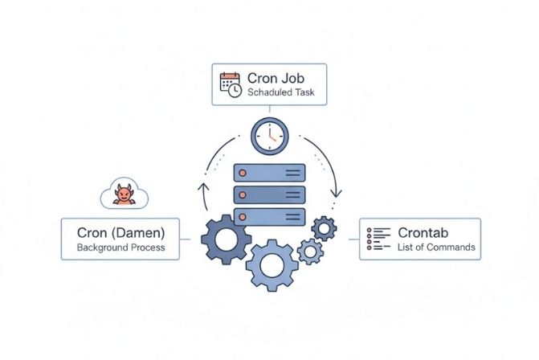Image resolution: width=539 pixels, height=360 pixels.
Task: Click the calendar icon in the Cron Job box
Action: tap(231, 85)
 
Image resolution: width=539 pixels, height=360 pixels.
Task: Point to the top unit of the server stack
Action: tap(269, 174)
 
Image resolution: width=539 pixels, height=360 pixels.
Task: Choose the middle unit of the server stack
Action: tap(269, 194)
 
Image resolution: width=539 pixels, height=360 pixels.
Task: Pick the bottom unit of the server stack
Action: tap(269, 215)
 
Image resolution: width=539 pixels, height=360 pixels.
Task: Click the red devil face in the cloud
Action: tap(124, 194)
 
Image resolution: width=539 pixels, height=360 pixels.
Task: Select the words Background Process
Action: tap(120, 247)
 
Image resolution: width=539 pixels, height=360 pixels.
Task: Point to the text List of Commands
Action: tap(436, 247)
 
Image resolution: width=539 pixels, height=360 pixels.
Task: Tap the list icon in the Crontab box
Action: tap(378, 239)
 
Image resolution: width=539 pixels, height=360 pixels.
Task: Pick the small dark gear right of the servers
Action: tap(324, 228)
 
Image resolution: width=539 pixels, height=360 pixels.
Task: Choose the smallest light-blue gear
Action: tap(309, 252)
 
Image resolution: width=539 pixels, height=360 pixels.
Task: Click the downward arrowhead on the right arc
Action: tap(338, 193)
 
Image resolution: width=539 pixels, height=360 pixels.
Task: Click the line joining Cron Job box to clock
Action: tap(269, 111)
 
